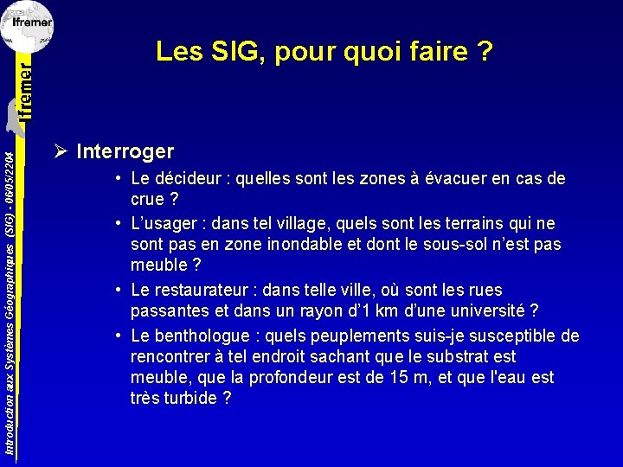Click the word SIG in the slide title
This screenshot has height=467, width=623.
tap(238, 53)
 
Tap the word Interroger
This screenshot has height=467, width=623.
tap(125, 152)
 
